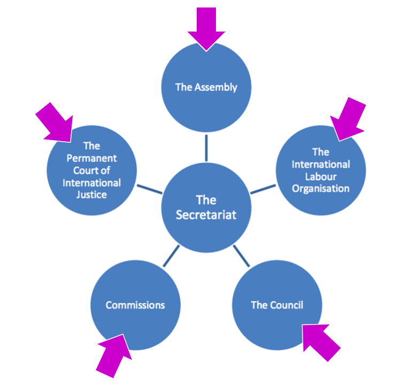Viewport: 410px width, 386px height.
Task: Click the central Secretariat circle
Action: [206, 207]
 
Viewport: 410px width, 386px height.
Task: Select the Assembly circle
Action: [206, 87]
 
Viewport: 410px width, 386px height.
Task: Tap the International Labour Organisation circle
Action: [321, 170]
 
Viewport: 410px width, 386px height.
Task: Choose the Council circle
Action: [277, 305]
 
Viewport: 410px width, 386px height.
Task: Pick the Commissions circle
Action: [135, 305]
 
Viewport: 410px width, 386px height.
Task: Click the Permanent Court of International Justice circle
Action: [92, 170]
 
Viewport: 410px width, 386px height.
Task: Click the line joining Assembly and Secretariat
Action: [206, 148]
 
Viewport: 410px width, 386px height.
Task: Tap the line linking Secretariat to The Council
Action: [242, 256]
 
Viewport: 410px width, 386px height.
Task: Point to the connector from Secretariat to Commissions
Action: [171, 256]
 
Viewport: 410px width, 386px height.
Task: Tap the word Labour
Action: [321, 176]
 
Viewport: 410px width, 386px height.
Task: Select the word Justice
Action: [92, 195]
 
